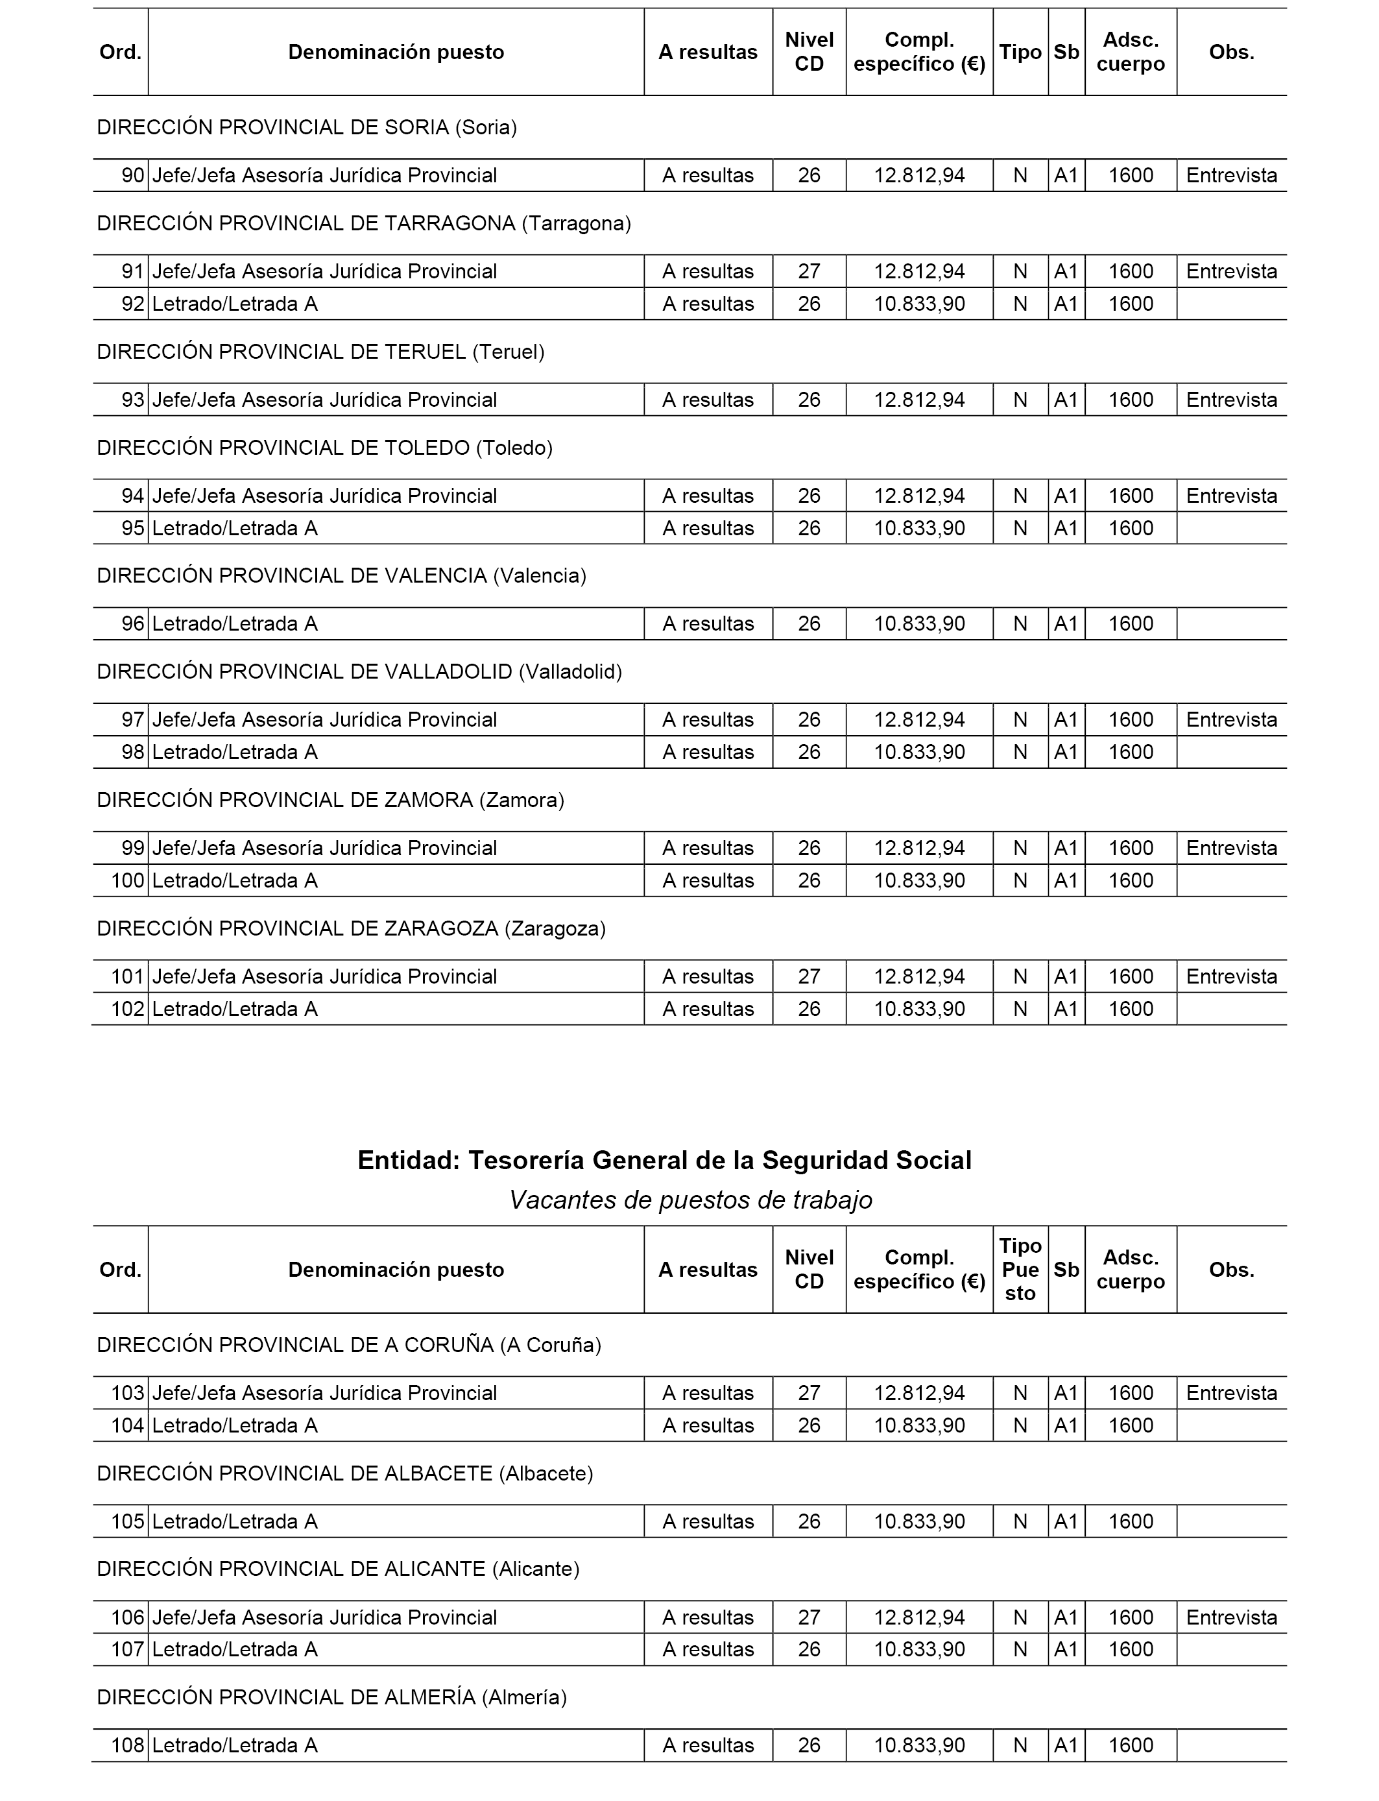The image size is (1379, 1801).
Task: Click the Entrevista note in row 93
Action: (1231, 400)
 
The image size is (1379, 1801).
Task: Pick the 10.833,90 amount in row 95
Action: (919, 529)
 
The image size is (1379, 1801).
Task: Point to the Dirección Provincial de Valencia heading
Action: (341, 576)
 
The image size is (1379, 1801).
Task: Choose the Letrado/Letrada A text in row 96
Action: (235, 624)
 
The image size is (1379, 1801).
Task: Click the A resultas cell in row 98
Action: (708, 752)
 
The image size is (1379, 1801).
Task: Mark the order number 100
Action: (127, 881)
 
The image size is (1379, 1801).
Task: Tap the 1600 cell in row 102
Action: (1131, 1009)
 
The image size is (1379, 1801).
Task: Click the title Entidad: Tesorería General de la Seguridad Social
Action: (664, 1160)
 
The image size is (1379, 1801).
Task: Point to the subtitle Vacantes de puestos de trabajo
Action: (690, 1200)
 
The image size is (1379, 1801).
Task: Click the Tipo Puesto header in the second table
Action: (1020, 1269)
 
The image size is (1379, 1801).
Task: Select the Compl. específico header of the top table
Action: (919, 52)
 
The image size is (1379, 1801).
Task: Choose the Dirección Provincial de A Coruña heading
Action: (349, 1346)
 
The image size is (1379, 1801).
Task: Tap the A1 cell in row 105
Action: (1066, 1522)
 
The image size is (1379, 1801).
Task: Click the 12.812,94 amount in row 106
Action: (919, 1618)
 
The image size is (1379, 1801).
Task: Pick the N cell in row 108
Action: (1020, 1745)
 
